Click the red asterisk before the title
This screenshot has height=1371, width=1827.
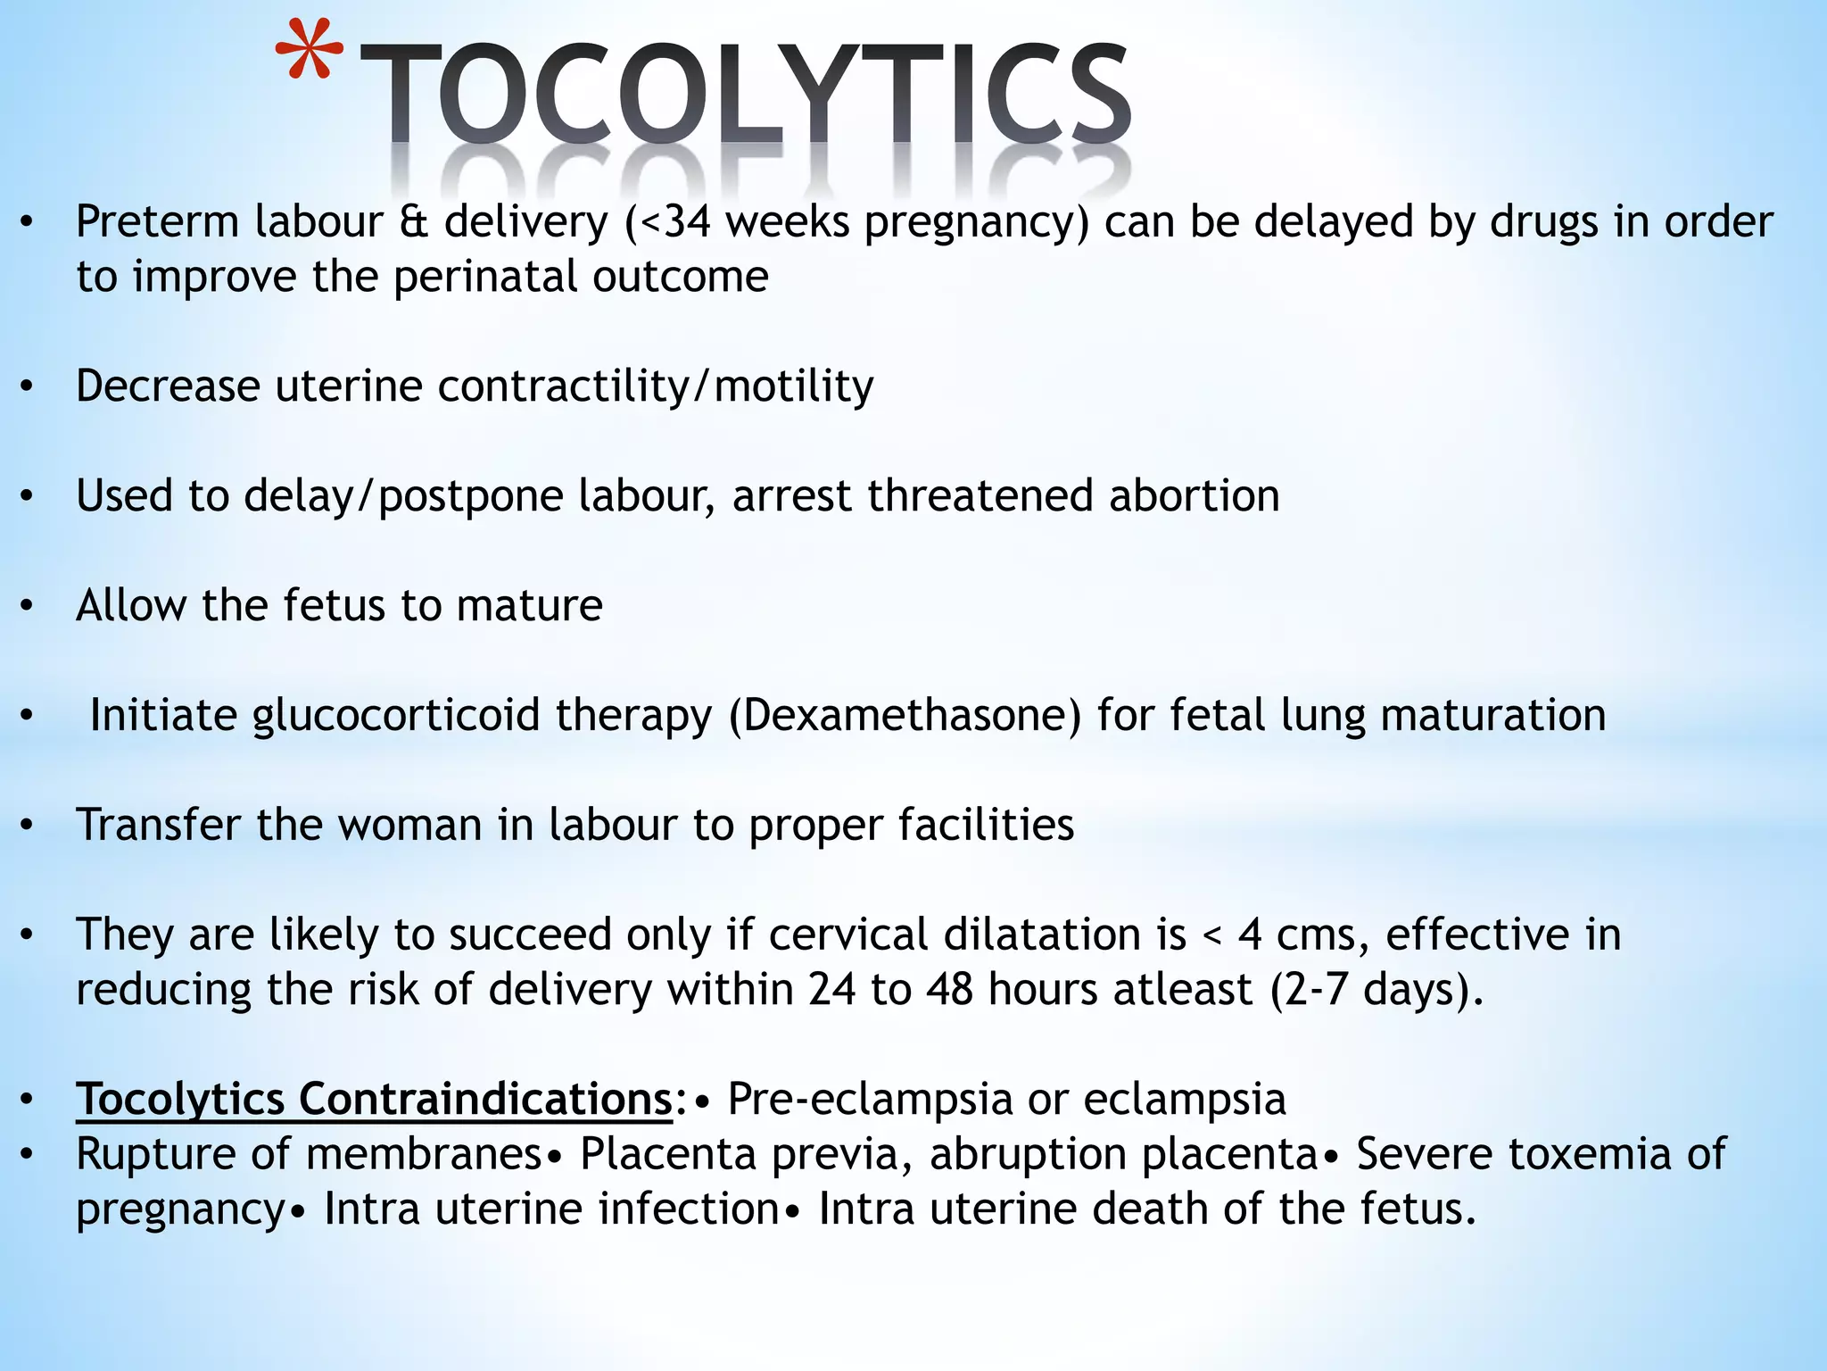click(308, 55)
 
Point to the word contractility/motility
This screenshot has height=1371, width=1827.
click(655, 386)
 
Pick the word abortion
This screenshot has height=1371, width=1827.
click(1194, 496)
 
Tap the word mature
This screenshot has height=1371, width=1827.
click(529, 606)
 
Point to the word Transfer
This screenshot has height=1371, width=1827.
click(159, 825)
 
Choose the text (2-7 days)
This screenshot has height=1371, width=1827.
click(1376, 990)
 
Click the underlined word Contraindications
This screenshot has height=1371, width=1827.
click(485, 1099)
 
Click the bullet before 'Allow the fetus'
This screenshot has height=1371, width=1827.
click(28, 607)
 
